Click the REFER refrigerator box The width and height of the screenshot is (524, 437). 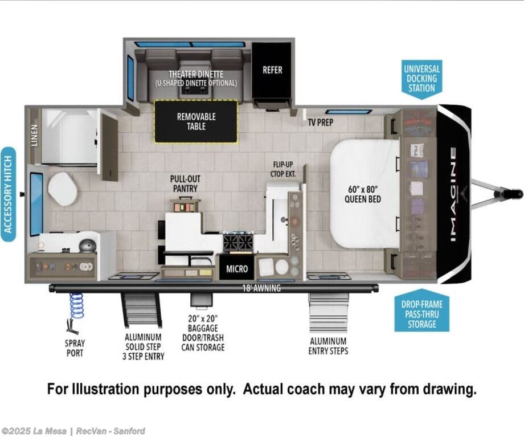coord(272,70)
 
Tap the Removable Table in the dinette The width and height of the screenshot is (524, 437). coord(196,121)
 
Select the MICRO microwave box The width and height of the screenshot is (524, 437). coord(237,268)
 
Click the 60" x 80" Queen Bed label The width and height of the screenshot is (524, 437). coord(363,194)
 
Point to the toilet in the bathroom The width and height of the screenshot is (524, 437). coord(62,189)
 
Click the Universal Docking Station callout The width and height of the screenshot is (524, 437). coord(421,79)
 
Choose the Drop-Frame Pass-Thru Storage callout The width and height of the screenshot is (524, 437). coord(421,311)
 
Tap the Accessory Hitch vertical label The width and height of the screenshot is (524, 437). coord(8,194)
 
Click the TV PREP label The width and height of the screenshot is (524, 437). coord(321,122)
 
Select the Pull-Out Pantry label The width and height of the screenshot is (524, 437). coord(185,183)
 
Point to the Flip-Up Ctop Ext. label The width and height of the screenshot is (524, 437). coord(283,169)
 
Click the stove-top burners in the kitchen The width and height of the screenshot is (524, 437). coord(239,242)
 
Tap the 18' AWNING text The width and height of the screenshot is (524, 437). coord(261,288)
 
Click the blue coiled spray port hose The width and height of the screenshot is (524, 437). coord(76,305)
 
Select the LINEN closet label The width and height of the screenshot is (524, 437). coord(34,136)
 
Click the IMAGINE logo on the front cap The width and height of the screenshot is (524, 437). coord(453,194)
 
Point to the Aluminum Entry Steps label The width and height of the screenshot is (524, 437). coord(328,346)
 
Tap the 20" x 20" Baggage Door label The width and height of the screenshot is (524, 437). coord(203,333)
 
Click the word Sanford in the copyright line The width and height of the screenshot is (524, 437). coord(129,431)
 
